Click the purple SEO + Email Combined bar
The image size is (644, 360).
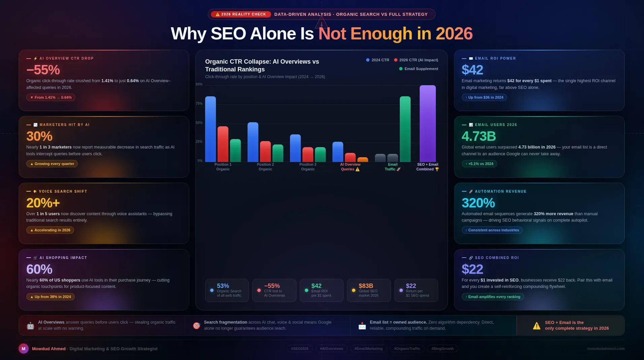[x=427, y=124]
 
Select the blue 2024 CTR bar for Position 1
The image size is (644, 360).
[x=211, y=129]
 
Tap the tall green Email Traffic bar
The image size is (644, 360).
[x=405, y=129]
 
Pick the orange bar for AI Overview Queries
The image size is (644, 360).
[x=362, y=160]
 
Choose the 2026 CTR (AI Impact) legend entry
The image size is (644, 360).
[x=416, y=60]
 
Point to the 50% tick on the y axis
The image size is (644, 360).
[x=199, y=123]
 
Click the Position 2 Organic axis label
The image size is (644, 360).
[x=265, y=167]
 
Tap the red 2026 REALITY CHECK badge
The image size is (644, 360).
[x=241, y=14]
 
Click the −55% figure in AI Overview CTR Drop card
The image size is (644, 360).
[x=43, y=70]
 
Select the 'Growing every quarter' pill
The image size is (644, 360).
[x=52, y=164]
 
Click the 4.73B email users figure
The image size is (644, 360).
[x=479, y=136]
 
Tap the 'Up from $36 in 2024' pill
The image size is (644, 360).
[x=484, y=97]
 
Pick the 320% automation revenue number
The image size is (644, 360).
[x=478, y=203]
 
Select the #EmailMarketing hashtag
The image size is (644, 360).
[x=368, y=349]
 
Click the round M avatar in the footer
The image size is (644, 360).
[x=24, y=349]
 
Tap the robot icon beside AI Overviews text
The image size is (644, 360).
[x=30, y=326]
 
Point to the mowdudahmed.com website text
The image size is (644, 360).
[x=606, y=349]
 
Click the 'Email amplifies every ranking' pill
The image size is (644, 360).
[x=493, y=297]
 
